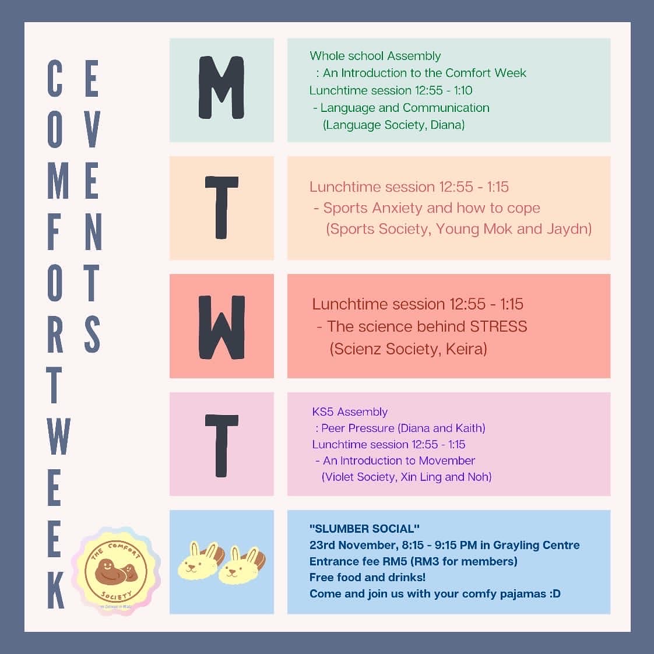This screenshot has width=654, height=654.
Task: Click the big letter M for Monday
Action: (221, 88)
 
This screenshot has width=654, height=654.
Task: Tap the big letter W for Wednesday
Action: (221, 328)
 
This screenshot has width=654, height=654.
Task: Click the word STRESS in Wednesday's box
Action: (498, 326)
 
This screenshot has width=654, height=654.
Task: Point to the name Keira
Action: (466, 349)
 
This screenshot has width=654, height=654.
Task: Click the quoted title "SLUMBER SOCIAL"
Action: (364, 529)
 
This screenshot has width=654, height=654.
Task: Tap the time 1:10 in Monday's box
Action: (463, 90)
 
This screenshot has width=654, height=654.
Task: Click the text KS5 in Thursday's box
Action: (323, 412)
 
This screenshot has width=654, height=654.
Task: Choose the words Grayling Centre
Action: (536, 545)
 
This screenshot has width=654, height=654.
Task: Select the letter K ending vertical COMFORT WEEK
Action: (56, 590)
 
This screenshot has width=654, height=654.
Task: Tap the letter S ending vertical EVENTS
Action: (92, 334)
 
